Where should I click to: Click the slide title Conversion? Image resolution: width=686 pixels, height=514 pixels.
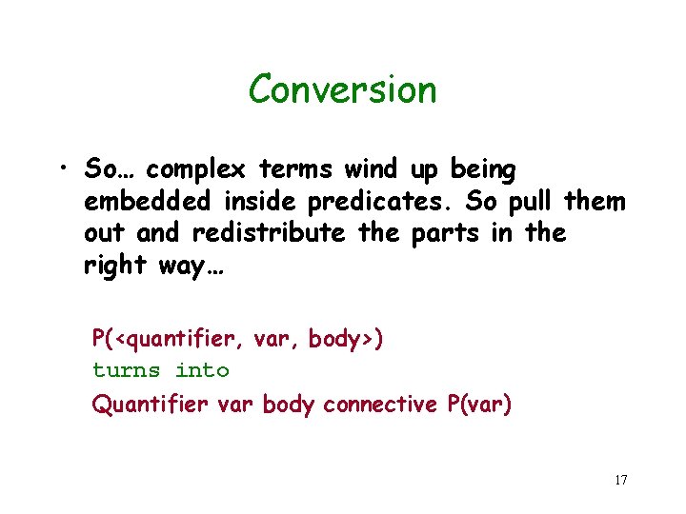click(x=342, y=90)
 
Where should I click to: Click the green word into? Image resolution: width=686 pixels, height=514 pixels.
click(x=203, y=369)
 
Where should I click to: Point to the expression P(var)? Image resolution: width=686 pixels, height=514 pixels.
click(x=478, y=404)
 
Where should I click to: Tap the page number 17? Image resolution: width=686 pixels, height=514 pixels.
click(x=620, y=479)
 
